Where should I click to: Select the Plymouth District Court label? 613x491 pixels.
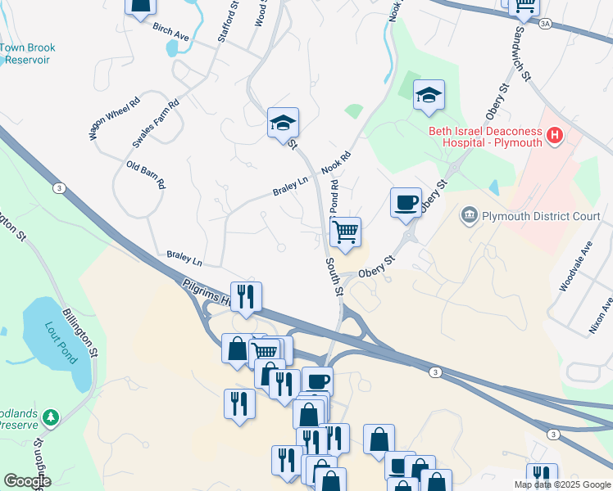point(541,217)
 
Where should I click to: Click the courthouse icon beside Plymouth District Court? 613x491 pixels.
point(469,216)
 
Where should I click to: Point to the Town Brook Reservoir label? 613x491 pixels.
point(25,54)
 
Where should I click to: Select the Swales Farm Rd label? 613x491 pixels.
point(155,124)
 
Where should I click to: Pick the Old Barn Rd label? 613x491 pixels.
point(146,174)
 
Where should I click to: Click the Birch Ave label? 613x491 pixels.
point(170,32)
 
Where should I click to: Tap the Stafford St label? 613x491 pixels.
point(229,21)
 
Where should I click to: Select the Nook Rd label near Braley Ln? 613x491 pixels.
point(336,160)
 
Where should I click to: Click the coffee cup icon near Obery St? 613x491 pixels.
point(406,202)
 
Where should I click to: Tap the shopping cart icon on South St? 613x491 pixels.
point(346,232)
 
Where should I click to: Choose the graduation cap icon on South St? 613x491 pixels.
point(283,123)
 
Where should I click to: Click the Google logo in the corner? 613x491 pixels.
point(26,482)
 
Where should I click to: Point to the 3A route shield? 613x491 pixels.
point(545,24)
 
